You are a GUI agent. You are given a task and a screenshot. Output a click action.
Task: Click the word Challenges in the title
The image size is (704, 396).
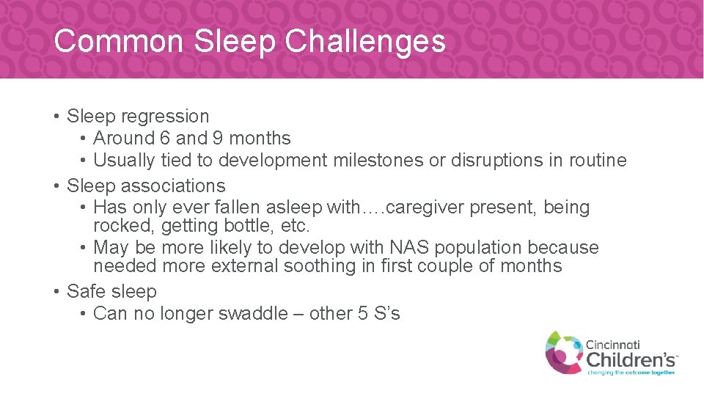tap(364, 42)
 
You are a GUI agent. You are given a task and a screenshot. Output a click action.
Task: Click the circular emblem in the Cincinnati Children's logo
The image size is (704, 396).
tap(563, 351)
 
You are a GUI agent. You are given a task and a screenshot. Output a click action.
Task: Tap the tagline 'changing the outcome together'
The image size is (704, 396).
tap(631, 372)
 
